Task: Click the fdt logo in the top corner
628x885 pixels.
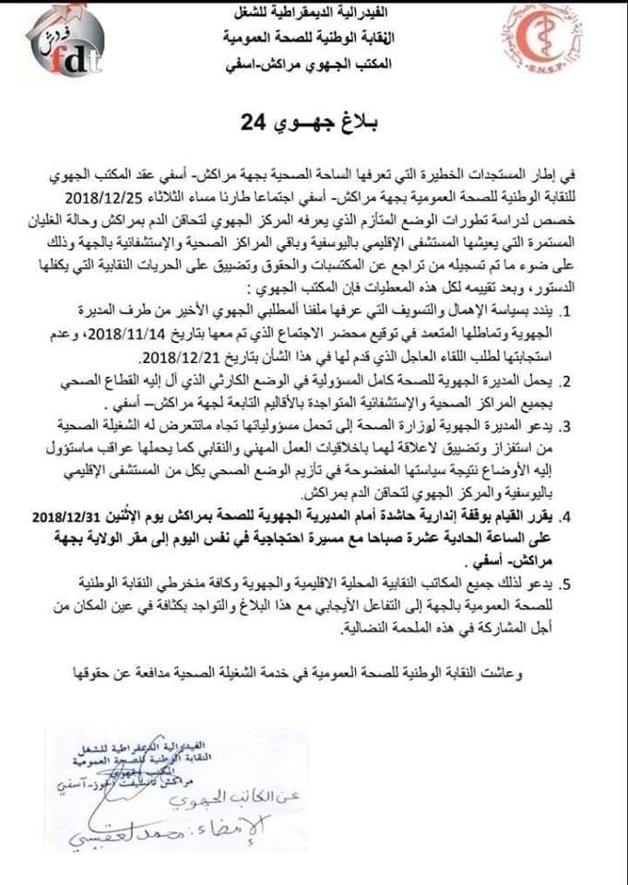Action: [x=64, y=43]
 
